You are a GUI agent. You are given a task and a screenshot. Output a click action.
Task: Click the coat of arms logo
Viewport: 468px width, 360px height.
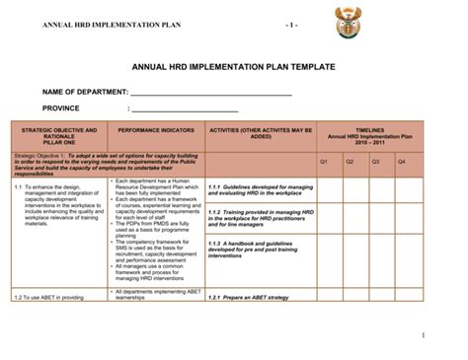[x=351, y=21]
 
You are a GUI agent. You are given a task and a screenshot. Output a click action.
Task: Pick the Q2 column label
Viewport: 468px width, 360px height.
[x=349, y=160]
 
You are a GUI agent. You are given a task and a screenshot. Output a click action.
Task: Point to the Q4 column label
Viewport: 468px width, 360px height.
[x=401, y=160]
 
